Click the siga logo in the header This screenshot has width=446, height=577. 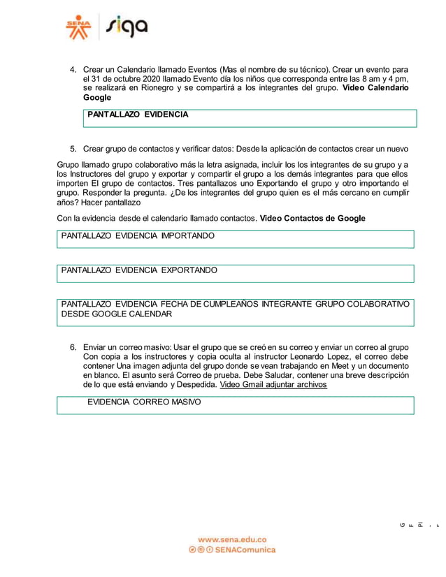[x=127, y=28]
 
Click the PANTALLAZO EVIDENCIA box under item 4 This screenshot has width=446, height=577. [x=250, y=118]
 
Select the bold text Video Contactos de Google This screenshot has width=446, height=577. [x=312, y=218]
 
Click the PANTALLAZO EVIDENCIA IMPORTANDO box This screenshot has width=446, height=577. [x=236, y=240]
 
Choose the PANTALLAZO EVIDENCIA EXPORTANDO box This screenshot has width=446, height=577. [x=236, y=273]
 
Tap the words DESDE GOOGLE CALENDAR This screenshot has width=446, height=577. [x=116, y=314]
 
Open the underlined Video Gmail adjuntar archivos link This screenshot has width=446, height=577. [x=273, y=384]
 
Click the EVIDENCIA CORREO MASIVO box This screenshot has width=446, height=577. [x=236, y=405]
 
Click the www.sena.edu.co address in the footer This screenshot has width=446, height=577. [x=232, y=539]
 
